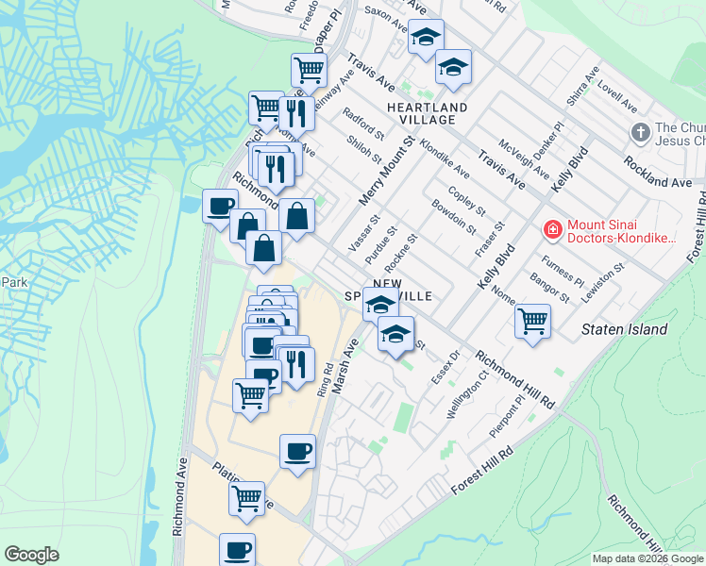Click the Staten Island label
pyautogui.click(x=624, y=330)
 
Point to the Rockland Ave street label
pyautogui.click(x=657, y=174)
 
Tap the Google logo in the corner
pyautogui.click(x=31, y=555)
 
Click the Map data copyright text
pyautogui.click(x=647, y=558)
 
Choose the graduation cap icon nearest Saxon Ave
pyautogui.click(x=426, y=39)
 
